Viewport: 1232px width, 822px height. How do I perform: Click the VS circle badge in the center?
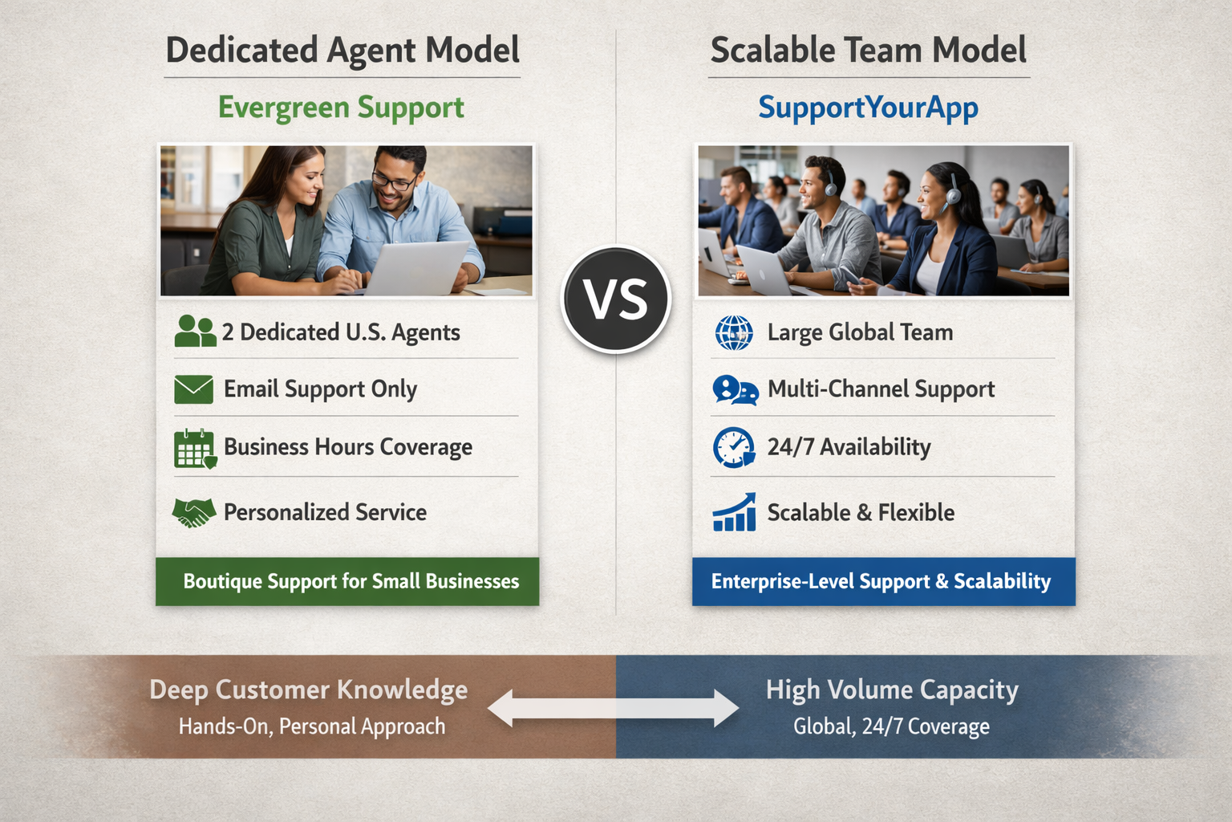(616, 299)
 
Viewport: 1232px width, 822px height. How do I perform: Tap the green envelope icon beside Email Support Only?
(193, 389)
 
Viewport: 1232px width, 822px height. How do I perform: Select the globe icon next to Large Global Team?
(733, 332)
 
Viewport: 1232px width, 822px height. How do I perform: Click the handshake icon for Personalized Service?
(194, 513)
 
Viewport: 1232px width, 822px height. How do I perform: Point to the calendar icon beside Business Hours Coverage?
(194, 449)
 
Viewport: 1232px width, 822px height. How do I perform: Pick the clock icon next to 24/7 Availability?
(733, 447)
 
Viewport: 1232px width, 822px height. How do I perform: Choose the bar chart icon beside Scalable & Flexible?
(734, 513)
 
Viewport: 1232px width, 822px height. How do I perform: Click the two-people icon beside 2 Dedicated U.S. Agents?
(195, 331)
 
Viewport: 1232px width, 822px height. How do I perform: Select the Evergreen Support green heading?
(341, 108)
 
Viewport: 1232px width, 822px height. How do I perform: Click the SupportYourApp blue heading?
(868, 108)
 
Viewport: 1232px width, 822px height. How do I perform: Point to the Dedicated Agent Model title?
(342, 51)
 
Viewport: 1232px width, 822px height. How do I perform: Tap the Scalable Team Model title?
(868, 51)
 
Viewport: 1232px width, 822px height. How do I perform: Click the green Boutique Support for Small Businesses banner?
(347, 581)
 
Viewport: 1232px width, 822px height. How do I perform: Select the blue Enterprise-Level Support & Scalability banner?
(883, 581)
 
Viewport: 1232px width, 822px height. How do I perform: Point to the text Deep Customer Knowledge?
(308, 690)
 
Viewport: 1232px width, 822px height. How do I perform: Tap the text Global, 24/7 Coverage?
(891, 726)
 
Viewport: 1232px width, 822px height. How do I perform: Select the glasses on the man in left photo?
(394, 181)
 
